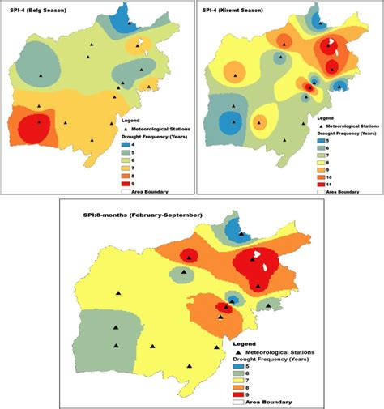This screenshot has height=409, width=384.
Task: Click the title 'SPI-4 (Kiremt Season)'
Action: tap(233, 9)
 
